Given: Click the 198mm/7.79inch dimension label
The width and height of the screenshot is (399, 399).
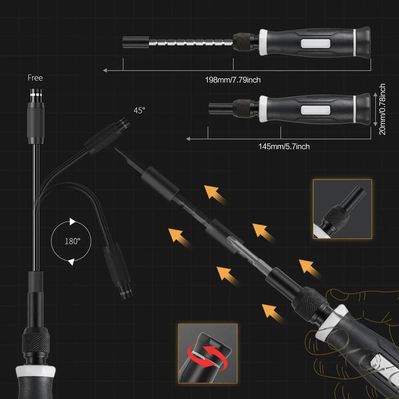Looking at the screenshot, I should (232, 80).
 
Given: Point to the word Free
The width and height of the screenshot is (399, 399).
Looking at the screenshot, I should (35, 78).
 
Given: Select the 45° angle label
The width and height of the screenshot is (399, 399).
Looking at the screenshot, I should (139, 110).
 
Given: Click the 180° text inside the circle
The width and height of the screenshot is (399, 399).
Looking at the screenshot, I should (72, 241).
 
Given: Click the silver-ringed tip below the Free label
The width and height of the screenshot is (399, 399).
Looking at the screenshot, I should (35, 94).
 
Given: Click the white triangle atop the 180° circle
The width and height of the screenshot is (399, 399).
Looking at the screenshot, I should (73, 221).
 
